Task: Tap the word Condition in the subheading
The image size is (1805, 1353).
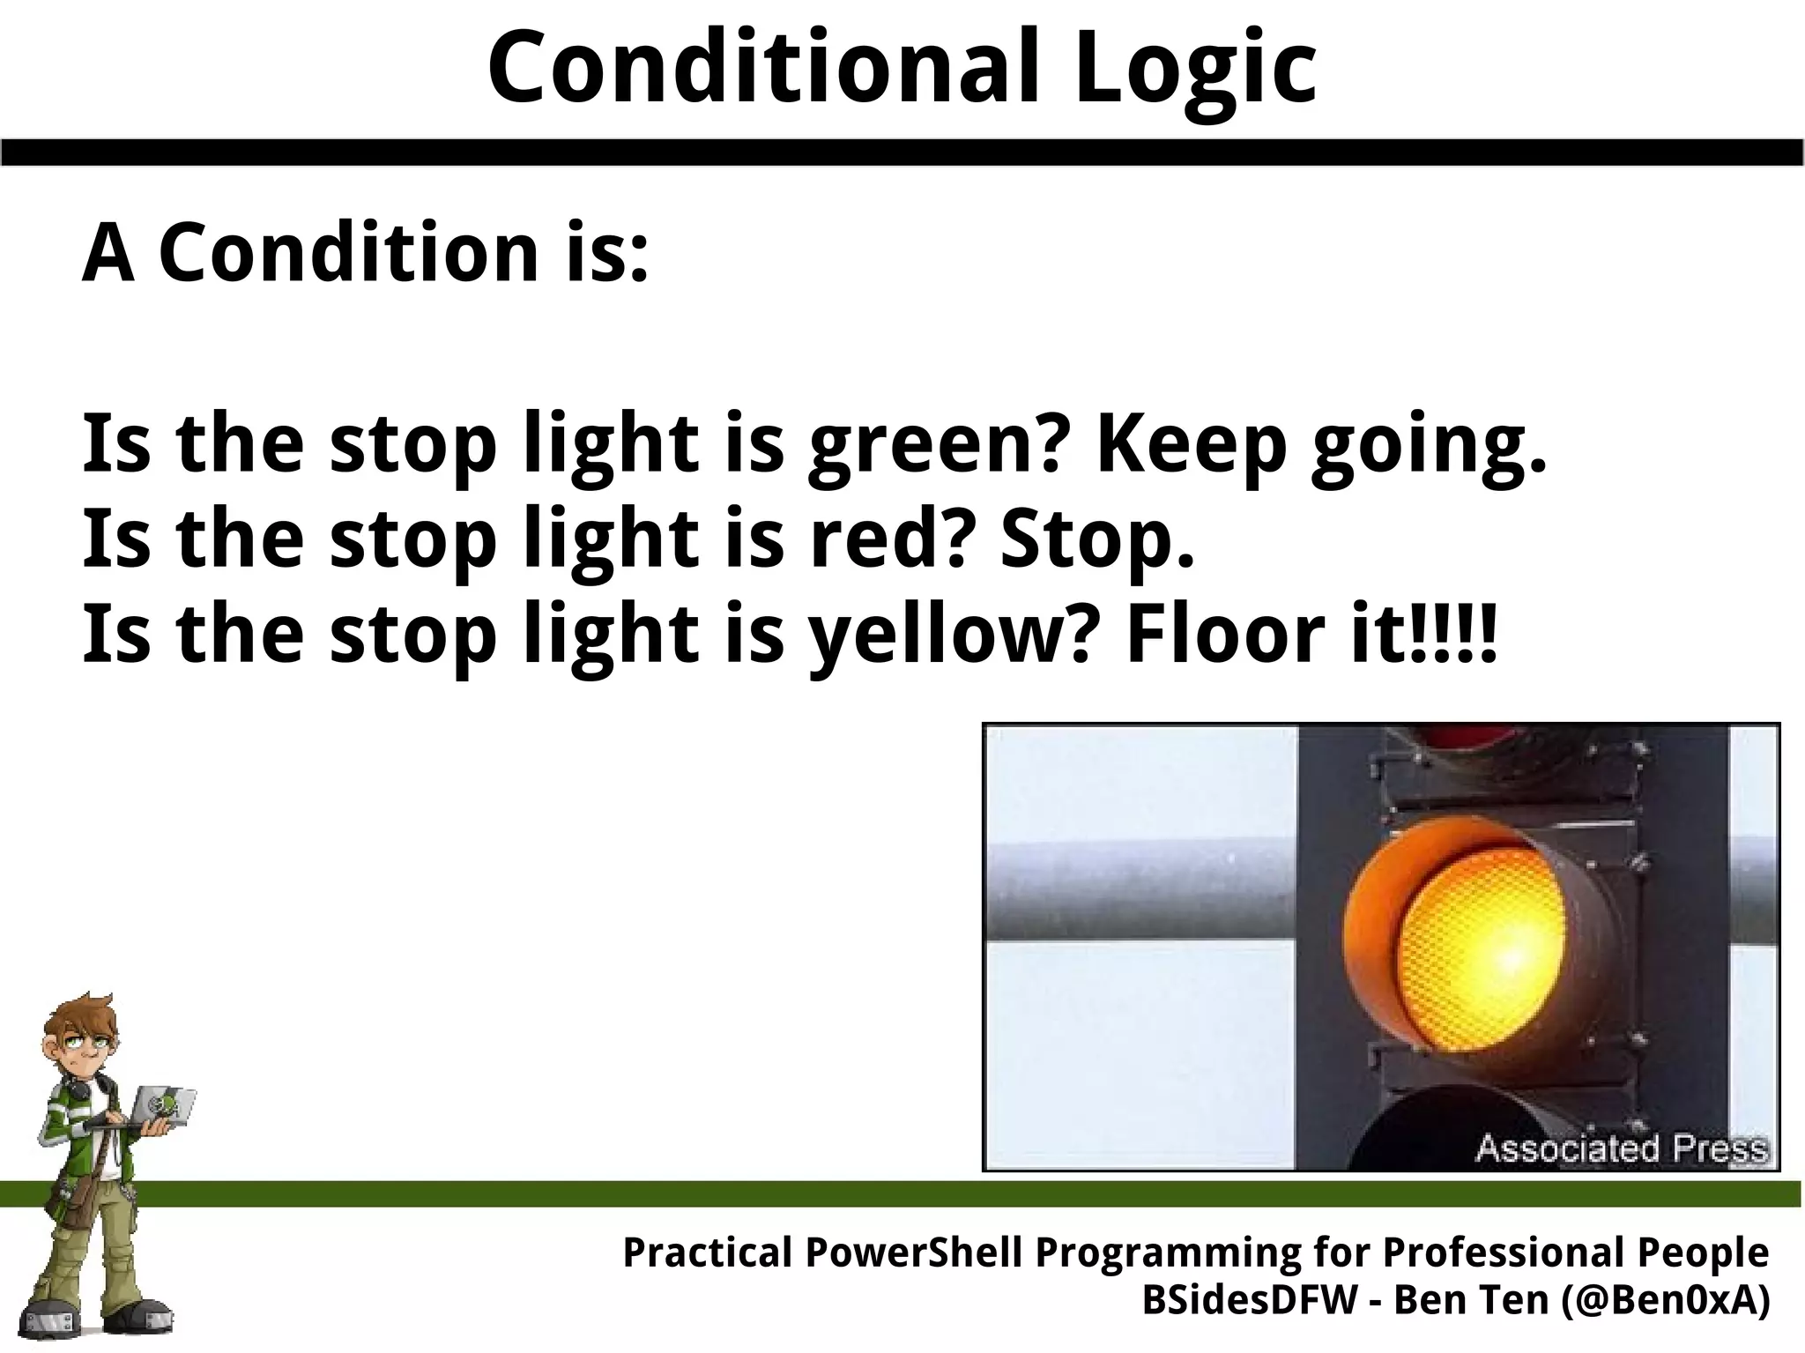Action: pyautogui.click(x=348, y=253)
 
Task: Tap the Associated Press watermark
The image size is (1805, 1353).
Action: pyautogui.click(x=1621, y=1149)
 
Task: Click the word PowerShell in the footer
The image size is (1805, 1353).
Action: pyautogui.click(x=916, y=1253)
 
